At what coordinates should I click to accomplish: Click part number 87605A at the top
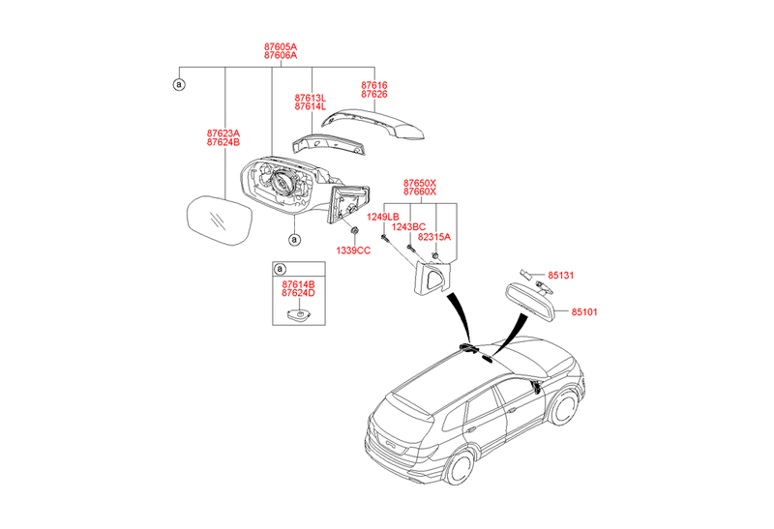281,46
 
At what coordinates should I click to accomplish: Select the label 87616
374,85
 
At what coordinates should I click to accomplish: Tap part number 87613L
311,99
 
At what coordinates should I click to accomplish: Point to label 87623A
223,133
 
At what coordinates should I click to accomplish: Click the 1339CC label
353,250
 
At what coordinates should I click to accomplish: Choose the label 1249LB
383,217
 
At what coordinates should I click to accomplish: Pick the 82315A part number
434,236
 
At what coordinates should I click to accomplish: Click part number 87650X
420,182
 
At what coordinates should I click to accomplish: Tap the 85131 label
561,276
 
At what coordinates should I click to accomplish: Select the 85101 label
584,312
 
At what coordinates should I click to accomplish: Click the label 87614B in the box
298,283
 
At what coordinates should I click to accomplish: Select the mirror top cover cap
374,124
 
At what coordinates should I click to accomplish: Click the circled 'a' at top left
179,85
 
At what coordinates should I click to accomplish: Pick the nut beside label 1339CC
355,232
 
